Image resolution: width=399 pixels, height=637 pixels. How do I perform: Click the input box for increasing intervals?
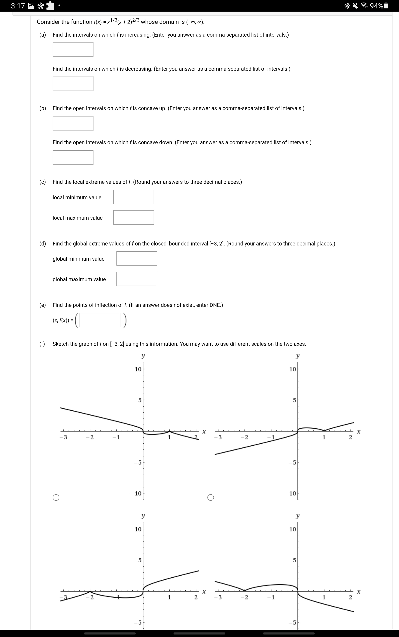[73, 50]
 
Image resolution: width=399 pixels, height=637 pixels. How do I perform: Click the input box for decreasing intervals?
[73, 84]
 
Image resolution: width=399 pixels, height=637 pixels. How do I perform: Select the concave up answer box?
[73, 123]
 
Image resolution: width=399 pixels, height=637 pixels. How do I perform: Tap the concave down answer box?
[73, 157]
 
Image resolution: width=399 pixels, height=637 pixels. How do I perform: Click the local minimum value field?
[133, 197]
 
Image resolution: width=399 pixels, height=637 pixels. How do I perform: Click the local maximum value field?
[133, 217]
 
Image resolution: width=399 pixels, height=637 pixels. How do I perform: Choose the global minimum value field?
[137, 258]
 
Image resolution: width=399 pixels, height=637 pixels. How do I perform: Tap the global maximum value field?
[137, 279]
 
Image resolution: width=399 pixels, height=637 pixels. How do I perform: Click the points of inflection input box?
[100, 320]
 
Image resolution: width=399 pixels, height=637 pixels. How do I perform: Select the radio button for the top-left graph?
[56, 497]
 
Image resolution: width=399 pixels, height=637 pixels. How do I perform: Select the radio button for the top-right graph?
[211, 497]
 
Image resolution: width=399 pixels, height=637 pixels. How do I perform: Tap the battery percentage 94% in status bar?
[377, 6]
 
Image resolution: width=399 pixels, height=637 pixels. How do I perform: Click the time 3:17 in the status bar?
[18, 6]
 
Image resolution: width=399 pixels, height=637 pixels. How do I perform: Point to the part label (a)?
[43, 35]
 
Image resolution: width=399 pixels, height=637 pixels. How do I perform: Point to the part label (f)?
[42, 344]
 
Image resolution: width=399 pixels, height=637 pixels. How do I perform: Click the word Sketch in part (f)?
[61, 344]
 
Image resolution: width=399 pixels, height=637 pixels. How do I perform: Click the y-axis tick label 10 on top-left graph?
[138, 369]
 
